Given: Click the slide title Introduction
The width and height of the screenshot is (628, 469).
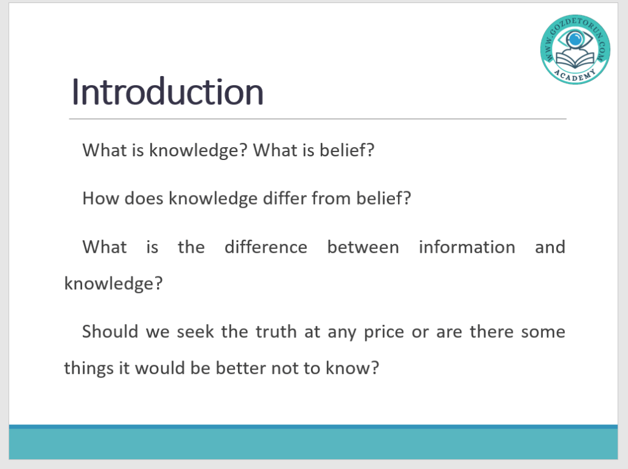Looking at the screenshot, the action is [x=167, y=92].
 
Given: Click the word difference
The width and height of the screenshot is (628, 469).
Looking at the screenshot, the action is [x=266, y=246].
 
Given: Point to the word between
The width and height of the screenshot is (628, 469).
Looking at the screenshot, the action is [x=363, y=246].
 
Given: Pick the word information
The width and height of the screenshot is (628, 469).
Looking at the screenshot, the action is [x=467, y=246].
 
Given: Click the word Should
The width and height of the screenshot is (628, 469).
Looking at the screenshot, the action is [x=110, y=332].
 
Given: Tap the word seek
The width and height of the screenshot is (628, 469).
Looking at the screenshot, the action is [x=196, y=332].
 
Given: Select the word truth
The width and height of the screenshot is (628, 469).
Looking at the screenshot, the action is [x=276, y=332].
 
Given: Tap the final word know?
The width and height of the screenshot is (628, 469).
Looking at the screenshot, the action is [x=352, y=368].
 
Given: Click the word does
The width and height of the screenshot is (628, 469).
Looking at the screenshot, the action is [x=144, y=198].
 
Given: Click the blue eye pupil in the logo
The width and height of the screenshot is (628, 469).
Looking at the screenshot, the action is [x=575, y=39].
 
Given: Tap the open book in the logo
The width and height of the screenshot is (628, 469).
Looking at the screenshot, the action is [x=575, y=61].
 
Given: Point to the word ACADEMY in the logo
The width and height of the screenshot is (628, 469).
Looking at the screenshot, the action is [x=575, y=75].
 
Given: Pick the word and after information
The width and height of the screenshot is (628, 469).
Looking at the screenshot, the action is [x=550, y=246].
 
